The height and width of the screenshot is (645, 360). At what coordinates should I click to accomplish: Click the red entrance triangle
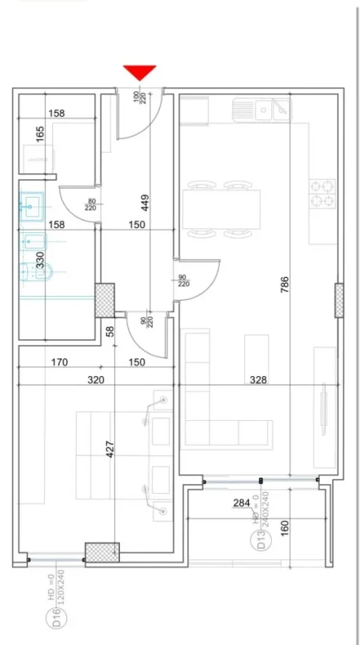click(140, 72)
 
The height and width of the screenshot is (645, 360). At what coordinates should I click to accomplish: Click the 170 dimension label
click(58, 363)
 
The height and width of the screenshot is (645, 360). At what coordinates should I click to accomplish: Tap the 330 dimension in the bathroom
click(40, 261)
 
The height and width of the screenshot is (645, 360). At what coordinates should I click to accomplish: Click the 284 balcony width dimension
click(242, 503)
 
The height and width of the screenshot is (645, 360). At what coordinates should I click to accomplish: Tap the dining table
click(223, 210)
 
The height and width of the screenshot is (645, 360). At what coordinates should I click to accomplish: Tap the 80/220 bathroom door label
click(91, 206)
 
